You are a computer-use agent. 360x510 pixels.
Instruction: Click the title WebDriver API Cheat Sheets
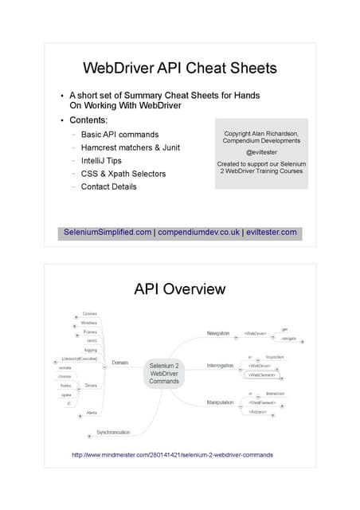(x=179, y=69)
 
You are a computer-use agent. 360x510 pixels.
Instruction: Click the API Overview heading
(x=179, y=288)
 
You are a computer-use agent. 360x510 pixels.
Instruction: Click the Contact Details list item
(x=109, y=186)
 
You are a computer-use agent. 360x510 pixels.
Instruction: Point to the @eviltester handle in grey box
(x=260, y=151)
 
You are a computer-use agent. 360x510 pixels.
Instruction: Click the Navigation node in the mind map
(x=218, y=333)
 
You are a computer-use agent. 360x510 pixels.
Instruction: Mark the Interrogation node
(x=220, y=366)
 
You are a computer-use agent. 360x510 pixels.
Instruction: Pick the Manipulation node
(x=220, y=402)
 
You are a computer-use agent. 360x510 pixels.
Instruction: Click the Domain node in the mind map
(x=119, y=363)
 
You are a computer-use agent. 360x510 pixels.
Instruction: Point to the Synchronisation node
(x=113, y=433)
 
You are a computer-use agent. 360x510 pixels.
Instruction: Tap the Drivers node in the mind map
(x=92, y=385)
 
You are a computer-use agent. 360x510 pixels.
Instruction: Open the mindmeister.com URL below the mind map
(x=172, y=455)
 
